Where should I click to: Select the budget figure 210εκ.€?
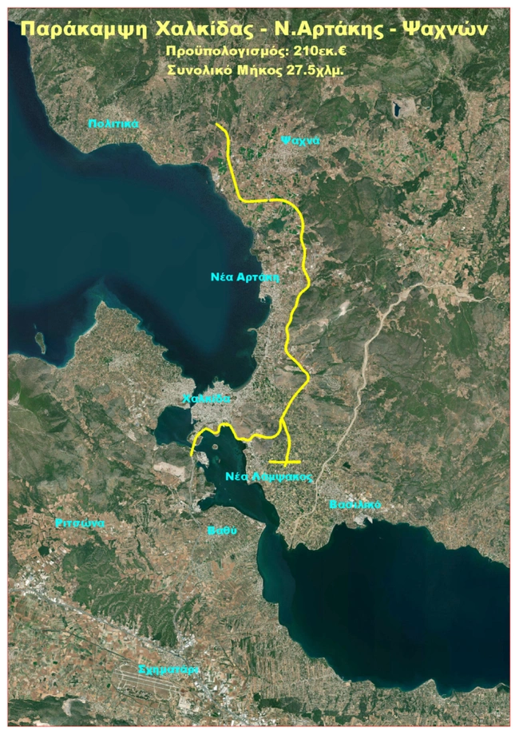coord(323,52)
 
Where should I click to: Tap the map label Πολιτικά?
coord(114,124)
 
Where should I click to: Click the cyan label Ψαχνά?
coord(299,140)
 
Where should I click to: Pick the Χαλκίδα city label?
coord(206,398)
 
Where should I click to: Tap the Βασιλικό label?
coord(355,505)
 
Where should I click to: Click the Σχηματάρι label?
coord(168,669)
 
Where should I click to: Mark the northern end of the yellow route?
coord(218,125)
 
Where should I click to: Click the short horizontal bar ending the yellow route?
coord(284,462)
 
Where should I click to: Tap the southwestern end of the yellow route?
coord(192,455)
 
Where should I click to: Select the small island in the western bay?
coord(40,341)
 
